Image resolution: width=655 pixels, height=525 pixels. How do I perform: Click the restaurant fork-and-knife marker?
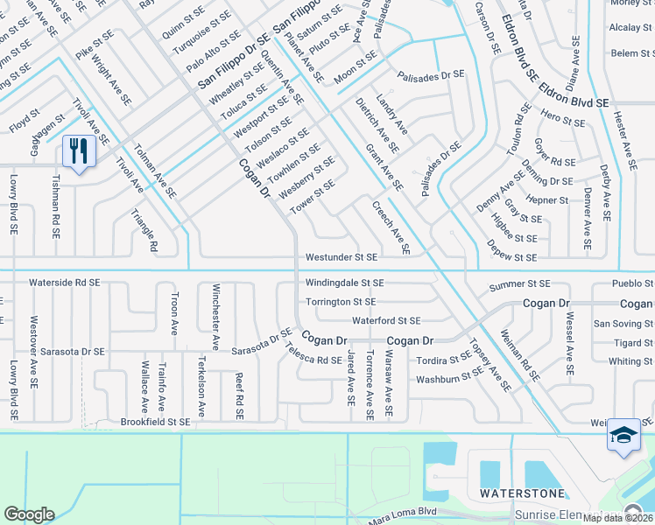pos(79,152)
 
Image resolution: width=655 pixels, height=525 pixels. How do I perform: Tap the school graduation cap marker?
pos(623,435)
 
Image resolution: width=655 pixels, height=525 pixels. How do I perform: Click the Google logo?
pos(29,514)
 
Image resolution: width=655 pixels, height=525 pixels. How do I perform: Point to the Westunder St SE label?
pos(342,258)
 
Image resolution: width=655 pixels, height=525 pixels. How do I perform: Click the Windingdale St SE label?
pos(345,283)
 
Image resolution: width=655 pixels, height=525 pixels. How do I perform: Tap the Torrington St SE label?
pos(341,302)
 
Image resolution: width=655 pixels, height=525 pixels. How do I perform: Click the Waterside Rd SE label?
pos(65,283)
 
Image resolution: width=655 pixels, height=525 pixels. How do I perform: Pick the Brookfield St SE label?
pos(155,422)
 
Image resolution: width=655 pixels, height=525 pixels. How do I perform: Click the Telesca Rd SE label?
pos(313,353)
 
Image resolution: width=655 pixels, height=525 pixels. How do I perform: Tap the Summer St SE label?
pos(520,284)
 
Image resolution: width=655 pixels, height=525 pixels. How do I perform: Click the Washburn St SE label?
pos(449,376)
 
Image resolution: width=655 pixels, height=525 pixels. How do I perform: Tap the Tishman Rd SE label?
pos(55,205)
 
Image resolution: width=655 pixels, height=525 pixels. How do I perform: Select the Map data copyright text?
pos(617,518)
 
